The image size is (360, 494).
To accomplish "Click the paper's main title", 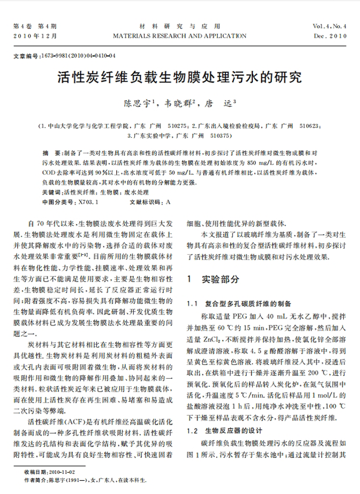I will (179, 77).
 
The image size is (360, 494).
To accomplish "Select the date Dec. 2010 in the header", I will (330, 36).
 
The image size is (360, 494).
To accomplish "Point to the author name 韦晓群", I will (179, 104).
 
